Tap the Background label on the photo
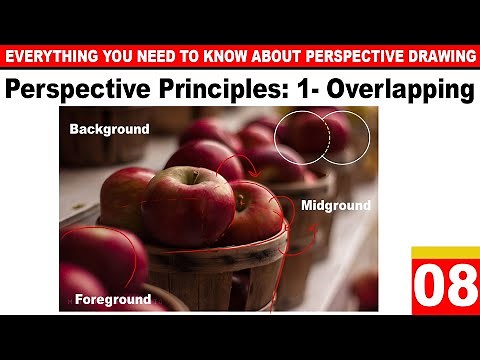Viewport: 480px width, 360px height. tap(109, 129)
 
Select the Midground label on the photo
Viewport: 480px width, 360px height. tap(335, 206)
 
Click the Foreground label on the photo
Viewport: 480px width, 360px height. tap(111, 299)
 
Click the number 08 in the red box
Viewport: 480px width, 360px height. tap(445, 288)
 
